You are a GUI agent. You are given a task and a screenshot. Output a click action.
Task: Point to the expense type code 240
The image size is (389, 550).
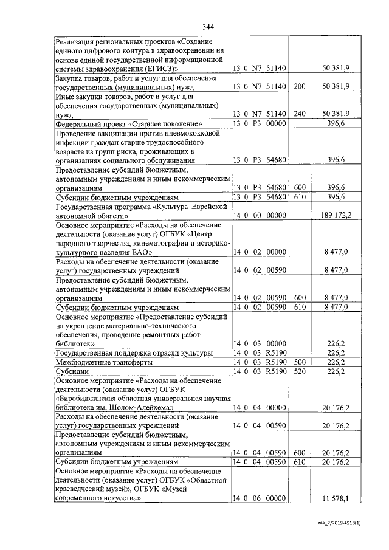click(x=299, y=114)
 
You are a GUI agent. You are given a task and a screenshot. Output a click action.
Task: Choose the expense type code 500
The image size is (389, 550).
click(x=299, y=362)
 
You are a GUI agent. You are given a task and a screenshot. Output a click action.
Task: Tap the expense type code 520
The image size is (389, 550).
click(x=299, y=371)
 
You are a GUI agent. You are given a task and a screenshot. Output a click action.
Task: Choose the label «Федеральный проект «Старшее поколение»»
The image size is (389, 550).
click(x=128, y=123)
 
